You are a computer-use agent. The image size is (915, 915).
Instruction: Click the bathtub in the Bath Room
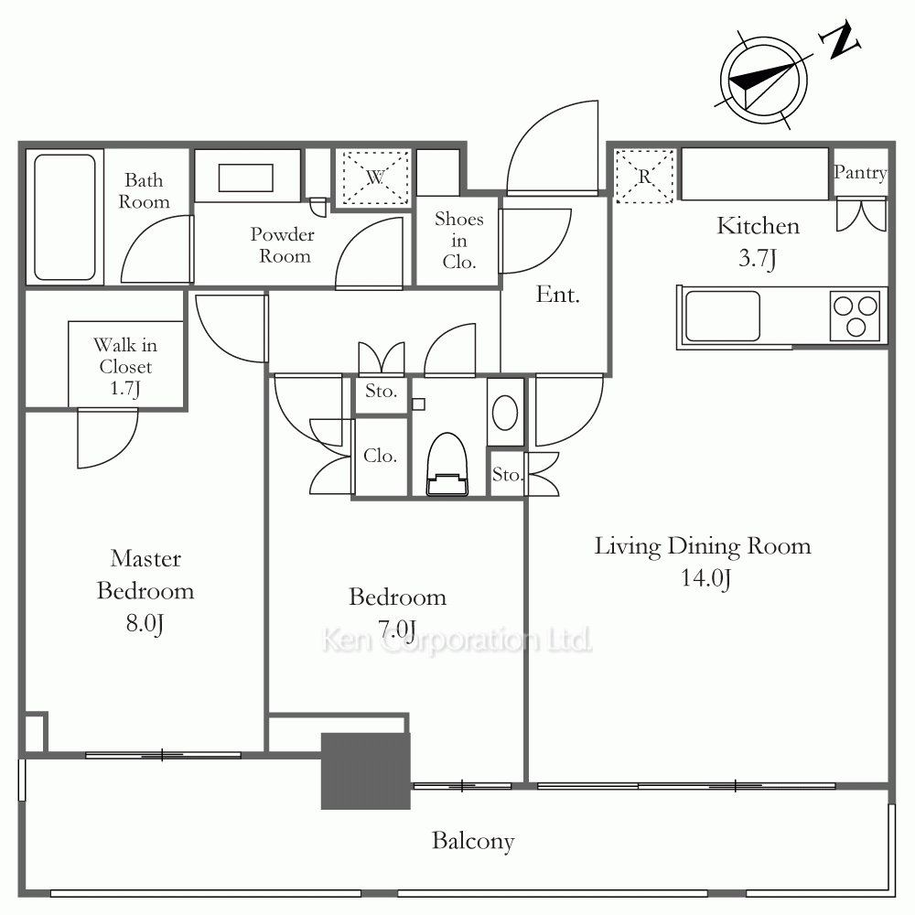65,217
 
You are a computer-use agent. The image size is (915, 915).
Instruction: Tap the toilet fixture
447,465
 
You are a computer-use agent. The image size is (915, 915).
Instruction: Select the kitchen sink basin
723,317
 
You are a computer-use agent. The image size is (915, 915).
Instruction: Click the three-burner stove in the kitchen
855,317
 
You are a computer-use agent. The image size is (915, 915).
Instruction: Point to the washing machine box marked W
375,178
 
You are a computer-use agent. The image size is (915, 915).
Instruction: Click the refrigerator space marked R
644,177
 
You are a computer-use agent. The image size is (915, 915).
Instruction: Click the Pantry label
860,173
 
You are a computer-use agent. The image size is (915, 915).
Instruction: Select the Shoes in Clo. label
459,241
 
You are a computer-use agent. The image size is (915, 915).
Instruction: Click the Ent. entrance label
558,295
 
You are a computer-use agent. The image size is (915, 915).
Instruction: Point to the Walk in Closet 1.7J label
125,367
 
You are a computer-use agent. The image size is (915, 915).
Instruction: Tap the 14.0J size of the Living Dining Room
706,577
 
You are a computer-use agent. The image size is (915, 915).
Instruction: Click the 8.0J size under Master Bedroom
145,623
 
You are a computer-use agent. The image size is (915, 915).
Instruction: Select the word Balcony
473,841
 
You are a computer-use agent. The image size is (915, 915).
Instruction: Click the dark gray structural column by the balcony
366,770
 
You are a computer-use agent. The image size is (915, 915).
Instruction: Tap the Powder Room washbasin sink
245,178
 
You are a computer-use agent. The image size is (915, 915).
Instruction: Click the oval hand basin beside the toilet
505,413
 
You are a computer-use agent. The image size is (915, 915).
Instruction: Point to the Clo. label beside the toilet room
380,456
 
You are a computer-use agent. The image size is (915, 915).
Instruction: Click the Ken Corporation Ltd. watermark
457,640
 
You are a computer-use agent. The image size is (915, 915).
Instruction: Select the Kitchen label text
758,226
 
